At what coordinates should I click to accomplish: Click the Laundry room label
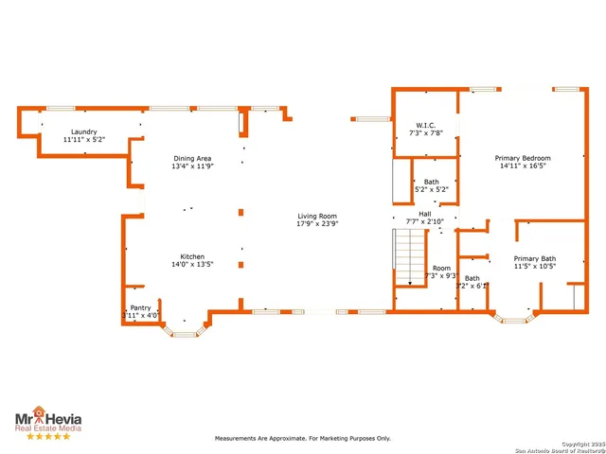[83, 131]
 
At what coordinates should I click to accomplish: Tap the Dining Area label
[192, 158]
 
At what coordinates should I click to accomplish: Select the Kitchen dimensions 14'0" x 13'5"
[193, 265]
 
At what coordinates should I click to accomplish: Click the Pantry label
[140, 307]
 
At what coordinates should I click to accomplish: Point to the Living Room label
[316, 217]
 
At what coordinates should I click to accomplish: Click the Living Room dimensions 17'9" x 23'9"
[316, 225]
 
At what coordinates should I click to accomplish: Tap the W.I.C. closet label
[425, 125]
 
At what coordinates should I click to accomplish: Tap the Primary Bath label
[535, 258]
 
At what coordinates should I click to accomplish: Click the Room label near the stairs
[441, 268]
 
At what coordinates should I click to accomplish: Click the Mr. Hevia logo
[46, 419]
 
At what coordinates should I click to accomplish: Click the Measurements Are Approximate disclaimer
[302, 438]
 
